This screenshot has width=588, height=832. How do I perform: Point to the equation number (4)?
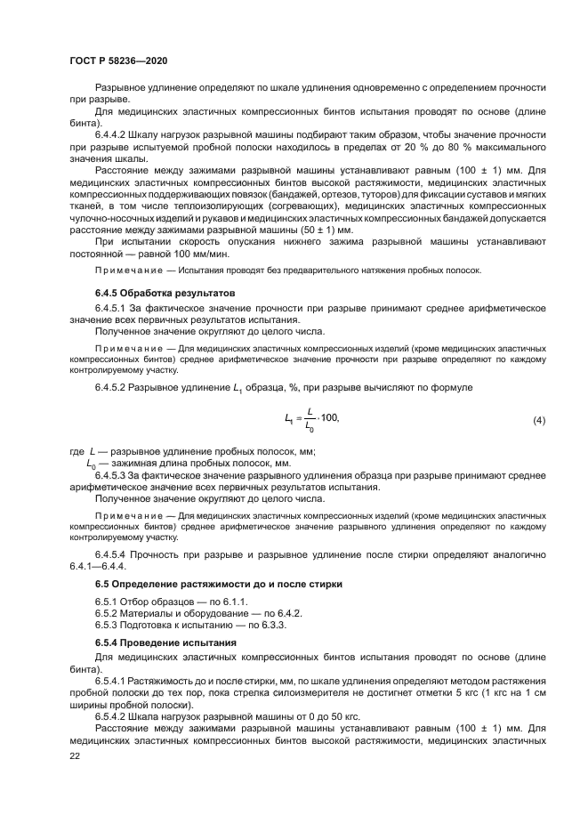point(538,419)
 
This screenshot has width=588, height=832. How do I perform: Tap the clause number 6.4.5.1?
point(114,307)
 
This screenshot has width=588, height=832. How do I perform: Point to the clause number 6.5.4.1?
point(114,679)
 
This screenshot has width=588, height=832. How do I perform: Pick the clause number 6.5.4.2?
point(114,716)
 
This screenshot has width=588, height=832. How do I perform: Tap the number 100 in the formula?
point(329,418)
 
